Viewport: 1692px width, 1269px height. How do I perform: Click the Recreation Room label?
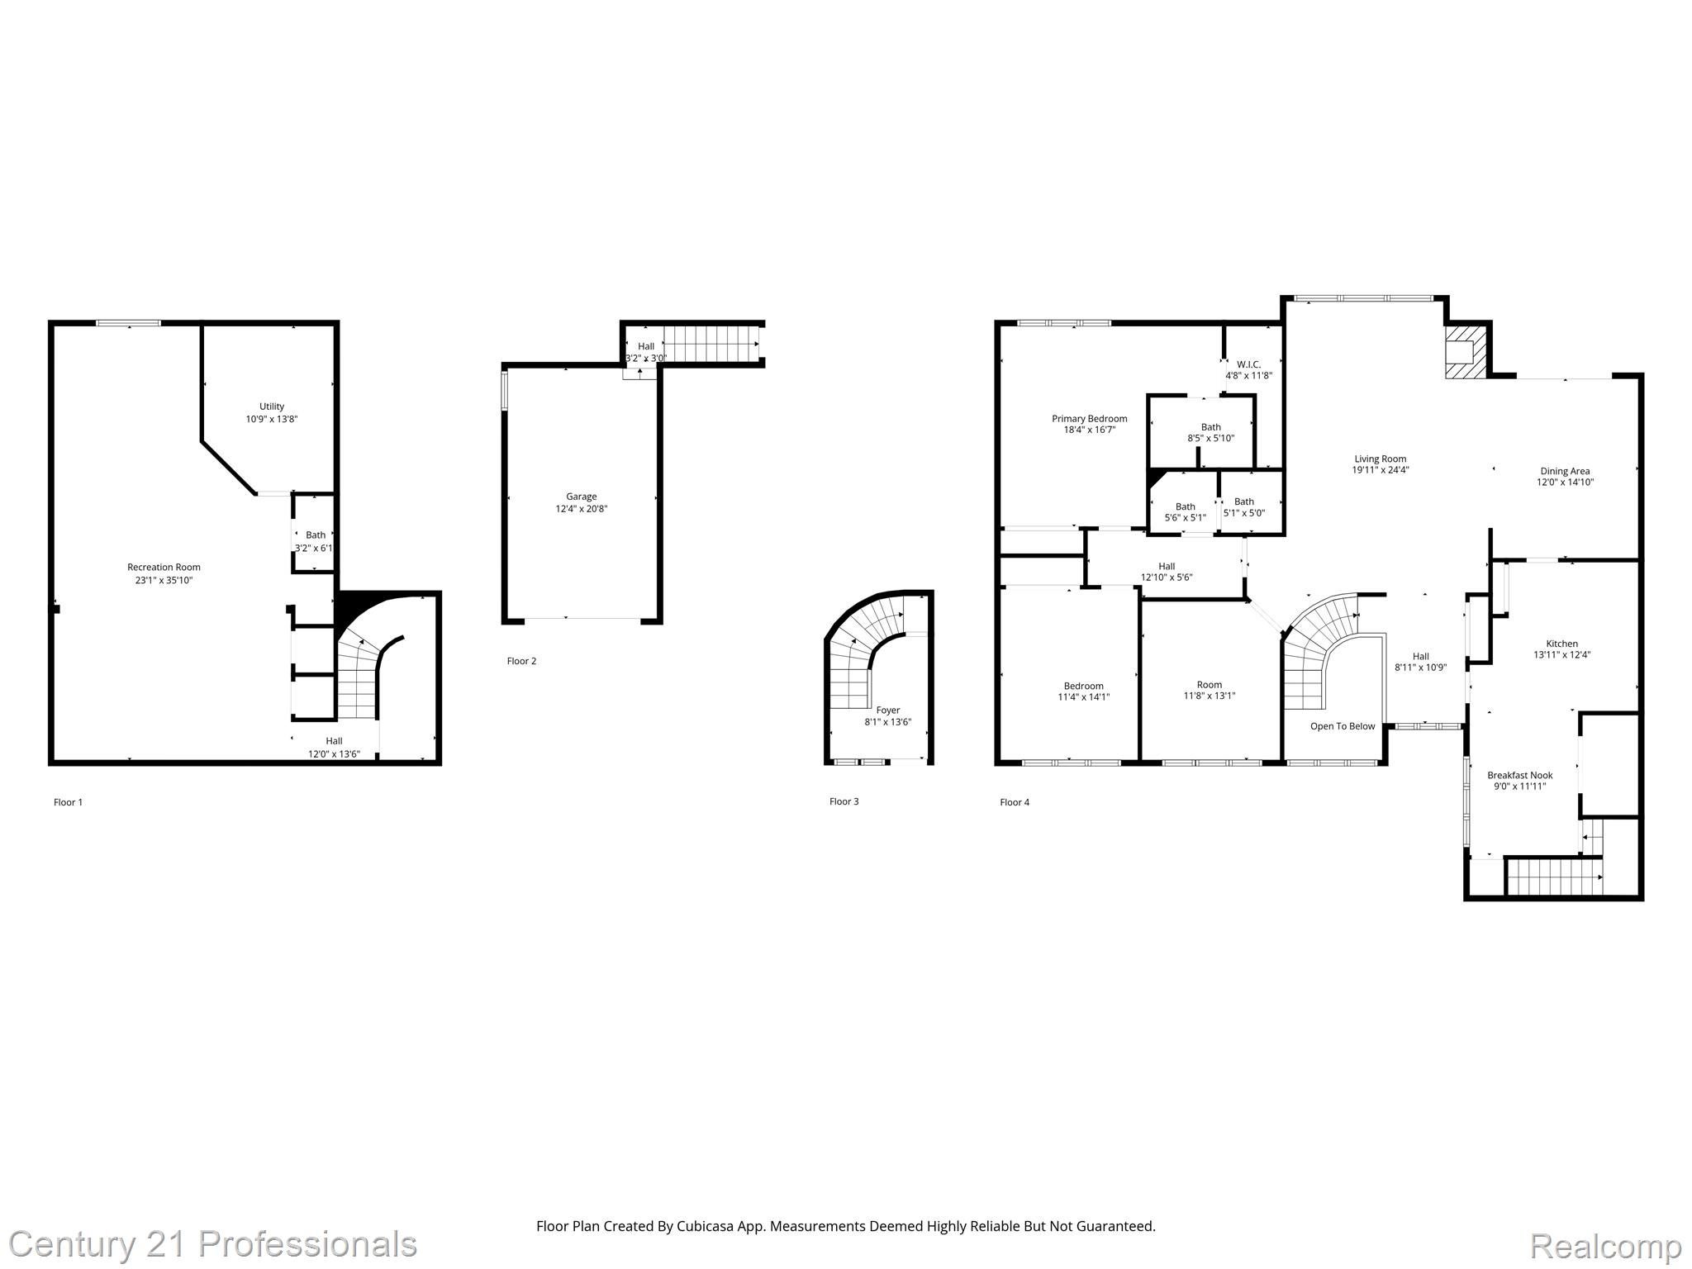[x=164, y=567]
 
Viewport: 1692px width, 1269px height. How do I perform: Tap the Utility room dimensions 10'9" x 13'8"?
[x=271, y=419]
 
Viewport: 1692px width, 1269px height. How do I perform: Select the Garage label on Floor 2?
[x=581, y=497]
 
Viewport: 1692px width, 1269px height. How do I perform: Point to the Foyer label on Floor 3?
[x=887, y=710]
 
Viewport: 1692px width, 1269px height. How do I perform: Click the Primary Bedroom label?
[x=1089, y=418]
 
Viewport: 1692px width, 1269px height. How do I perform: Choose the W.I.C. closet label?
[x=1248, y=364]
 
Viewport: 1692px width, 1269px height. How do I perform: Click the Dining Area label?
[x=1565, y=471]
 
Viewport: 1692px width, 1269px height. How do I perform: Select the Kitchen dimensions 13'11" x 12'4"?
[x=1561, y=655]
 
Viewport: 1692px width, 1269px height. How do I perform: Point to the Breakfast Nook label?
[x=1519, y=775]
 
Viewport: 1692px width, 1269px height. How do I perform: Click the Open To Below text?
[x=1343, y=726]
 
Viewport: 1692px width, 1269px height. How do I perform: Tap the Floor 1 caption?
[x=68, y=802]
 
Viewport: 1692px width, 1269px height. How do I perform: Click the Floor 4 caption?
[x=1015, y=802]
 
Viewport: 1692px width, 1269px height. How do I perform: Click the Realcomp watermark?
[x=1605, y=1245]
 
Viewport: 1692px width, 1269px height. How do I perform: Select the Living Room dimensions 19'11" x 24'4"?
[x=1380, y=470]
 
